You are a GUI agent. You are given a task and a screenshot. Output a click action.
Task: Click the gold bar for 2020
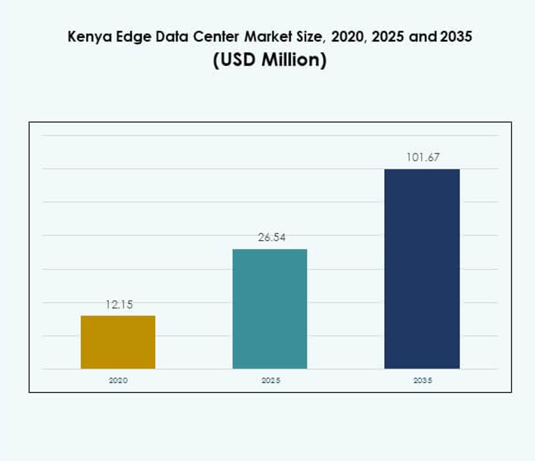point(118,342)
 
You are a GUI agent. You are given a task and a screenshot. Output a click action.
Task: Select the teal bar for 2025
point(270,308)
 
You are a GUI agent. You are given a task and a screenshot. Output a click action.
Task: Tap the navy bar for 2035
point(422,268)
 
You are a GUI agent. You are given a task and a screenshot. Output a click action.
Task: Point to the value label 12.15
point(119,304)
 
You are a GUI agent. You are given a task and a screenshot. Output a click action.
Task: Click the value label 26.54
point(270,238)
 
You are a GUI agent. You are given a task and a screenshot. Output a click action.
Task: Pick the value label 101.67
point(422,157)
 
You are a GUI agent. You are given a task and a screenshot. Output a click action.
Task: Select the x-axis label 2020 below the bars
point(118,380)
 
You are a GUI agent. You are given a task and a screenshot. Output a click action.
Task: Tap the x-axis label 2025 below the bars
point(270,380)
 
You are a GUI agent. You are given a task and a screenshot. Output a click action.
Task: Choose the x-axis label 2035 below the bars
point(422,380)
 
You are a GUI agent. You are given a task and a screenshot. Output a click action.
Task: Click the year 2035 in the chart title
point(454,37)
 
